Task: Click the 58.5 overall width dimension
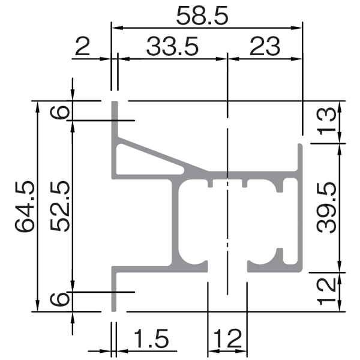click(x=202, y=16)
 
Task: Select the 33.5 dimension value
click(x=172, y=47)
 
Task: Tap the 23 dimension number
click(x=265, y=47)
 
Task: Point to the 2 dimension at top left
click(x=82, y=47)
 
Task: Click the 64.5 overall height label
click(x=25, y=206)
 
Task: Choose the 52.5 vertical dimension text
click(x=59, y=206)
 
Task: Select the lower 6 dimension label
click(x=59, y=299)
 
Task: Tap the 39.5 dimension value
click(x=326, y=208)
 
